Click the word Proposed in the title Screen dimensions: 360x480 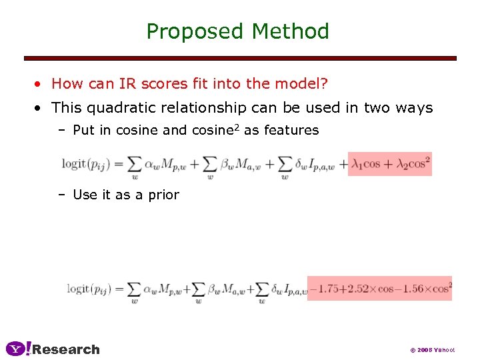[x=196, y=31]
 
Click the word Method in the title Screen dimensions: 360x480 [x=291, y=31]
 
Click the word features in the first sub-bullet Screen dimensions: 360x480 [x=291, y=131]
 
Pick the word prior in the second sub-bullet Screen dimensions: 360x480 [x=164, y=195]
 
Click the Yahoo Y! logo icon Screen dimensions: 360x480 [x=18, y=349]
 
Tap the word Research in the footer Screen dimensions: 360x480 [x=66, y=349]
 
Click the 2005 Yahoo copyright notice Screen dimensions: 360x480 [x=432, y=349]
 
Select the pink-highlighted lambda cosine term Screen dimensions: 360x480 [x=390, y=163]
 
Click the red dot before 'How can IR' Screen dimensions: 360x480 [x=40, y=85]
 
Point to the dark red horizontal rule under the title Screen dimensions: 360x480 [x=240, y=58]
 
